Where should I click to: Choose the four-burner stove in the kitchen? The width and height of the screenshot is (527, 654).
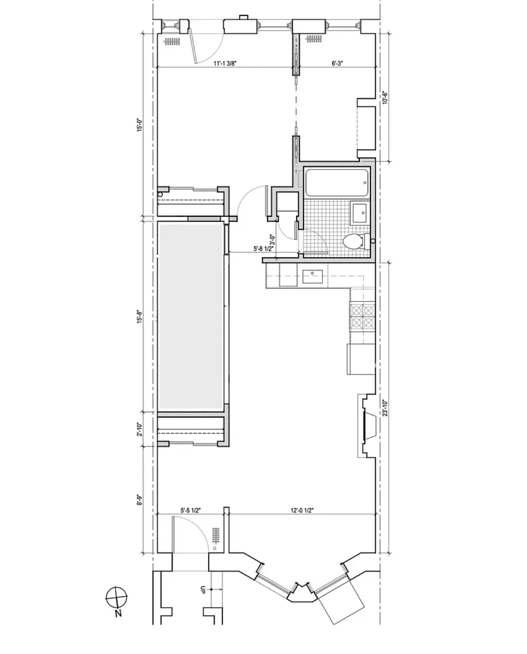[x=362, y=316]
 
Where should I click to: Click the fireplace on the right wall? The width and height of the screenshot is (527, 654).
[x=368, y=425]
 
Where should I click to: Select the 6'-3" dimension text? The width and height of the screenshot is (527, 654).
[x=337, y=64]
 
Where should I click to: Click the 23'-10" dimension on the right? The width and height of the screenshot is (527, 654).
[x=385, y=407]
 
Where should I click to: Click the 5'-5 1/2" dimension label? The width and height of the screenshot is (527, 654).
[x=191, y=510]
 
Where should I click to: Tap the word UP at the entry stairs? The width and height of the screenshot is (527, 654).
[x=203, y=590]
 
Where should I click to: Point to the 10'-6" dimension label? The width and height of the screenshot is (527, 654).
[x=385, y=99]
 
